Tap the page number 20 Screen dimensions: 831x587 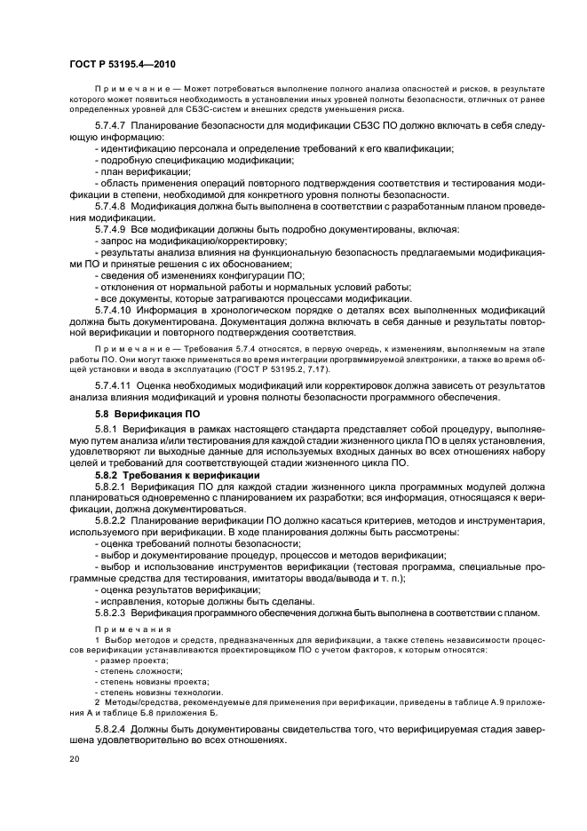point(75,760)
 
